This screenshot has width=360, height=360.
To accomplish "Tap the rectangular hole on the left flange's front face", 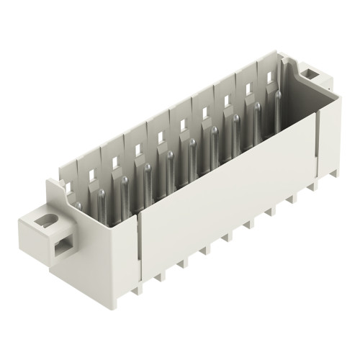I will click(61, 251).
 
